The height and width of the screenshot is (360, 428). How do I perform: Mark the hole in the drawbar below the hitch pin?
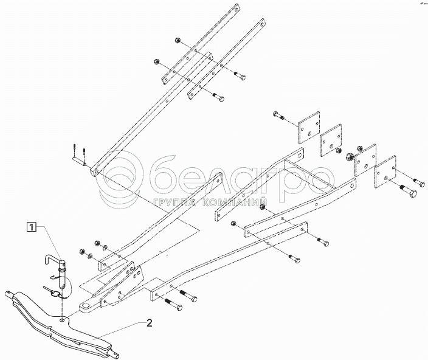pos(64,317)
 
